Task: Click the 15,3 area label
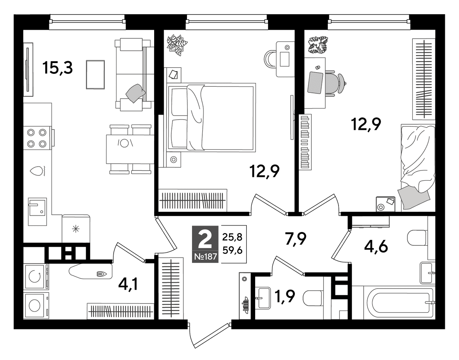pos(57,68)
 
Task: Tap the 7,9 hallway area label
pos(296,238)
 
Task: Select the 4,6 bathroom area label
pos(376,246)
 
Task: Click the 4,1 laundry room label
pos(128,284)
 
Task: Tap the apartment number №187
pos(205,257)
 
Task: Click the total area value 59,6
pos(232,251)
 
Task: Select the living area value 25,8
pos(232,237)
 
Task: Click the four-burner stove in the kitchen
pos(37,138)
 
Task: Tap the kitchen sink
pos(37,212)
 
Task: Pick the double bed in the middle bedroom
pos(211,117)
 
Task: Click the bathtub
pos(393,302)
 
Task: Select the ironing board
pos(91,271)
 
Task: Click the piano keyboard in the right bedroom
pos(305,142)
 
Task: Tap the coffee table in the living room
pos(95,75)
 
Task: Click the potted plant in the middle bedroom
pos(177,45)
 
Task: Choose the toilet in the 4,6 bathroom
pos(417,238)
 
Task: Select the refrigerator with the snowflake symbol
pos(76,229)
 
